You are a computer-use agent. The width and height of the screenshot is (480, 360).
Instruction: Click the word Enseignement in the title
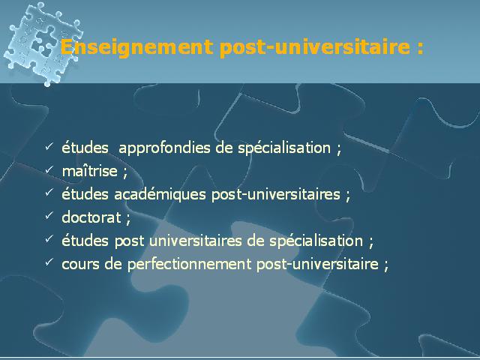pos(136,47)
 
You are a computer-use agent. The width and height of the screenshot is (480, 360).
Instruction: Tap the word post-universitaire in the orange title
pos(315,47)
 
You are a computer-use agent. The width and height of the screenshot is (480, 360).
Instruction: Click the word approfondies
pos(164,148)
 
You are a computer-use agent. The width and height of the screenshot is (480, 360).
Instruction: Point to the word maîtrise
pos(90,171)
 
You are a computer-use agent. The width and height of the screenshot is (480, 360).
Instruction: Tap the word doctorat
pos(91,217)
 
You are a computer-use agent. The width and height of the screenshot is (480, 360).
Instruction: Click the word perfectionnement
pos(189,264)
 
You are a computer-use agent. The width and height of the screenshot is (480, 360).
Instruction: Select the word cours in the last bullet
pos(80,264)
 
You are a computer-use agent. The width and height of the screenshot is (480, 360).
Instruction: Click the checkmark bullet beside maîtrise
pos(49,169)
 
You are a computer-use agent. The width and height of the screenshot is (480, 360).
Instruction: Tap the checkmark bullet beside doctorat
pos(49,215)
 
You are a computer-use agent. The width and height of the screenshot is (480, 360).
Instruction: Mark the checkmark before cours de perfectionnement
pos(49,262)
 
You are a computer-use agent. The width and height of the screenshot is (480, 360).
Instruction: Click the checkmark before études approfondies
pos(49,146)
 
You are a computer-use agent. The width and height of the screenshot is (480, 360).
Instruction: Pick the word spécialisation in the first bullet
pos(284,148)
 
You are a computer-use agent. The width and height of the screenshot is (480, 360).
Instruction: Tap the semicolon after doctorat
pos(128,219)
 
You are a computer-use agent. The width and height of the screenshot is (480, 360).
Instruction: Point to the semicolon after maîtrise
pos(124,172)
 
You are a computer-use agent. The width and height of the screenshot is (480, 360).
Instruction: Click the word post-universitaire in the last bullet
pos(317,264)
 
